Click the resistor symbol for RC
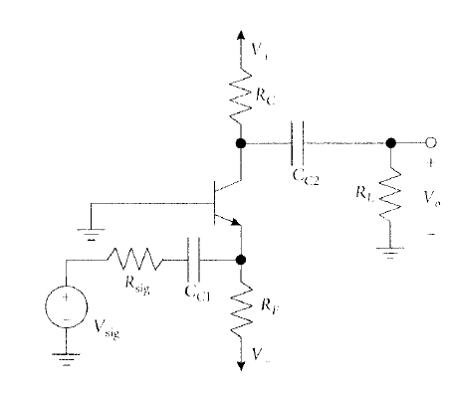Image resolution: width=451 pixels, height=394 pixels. [240, 96]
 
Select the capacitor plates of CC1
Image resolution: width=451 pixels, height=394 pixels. [193, 261]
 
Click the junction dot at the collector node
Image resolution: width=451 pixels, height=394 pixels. [240, 143]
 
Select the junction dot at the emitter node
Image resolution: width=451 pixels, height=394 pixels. [240, 261]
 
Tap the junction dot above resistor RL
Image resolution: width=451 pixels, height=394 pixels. [390, 143]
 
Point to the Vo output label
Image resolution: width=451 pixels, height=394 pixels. [430, 200]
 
